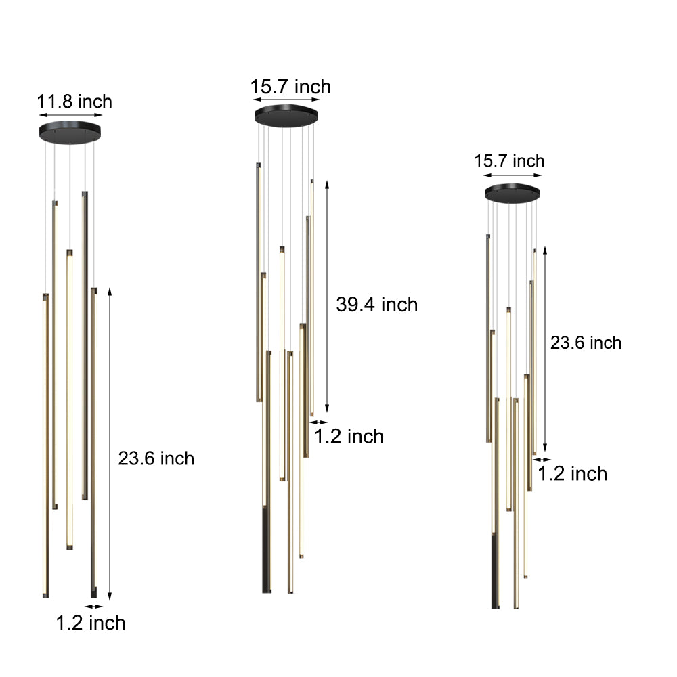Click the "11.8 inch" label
click(x=74, y=102)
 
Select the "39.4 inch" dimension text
click(x=376, y=305)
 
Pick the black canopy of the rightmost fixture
click(x=512, y=193)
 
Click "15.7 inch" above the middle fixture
click(x=290, y=87)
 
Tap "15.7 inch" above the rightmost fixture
click(x=509, y=161)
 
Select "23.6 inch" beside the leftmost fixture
click(x=156, y=458)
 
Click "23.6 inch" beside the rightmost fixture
click(x=586, y=343)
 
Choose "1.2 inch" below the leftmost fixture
click(x=90, y=622)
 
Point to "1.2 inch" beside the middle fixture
click(x=349, y=436)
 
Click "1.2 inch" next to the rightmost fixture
click(x=572, y=473)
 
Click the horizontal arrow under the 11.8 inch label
click(x=70, y=116)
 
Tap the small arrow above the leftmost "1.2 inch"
click(x=94, y=606)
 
